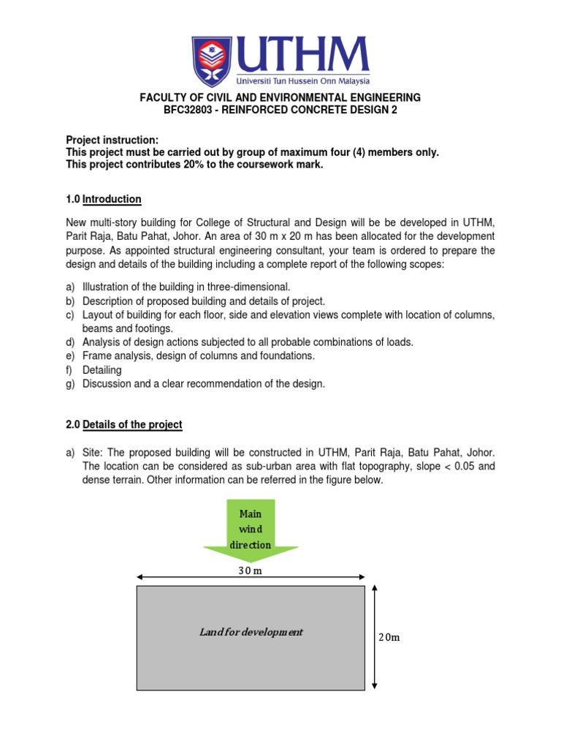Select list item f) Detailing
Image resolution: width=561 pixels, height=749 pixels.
102,370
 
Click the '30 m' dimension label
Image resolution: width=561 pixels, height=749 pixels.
251,571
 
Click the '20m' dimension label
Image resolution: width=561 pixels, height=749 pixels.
389,637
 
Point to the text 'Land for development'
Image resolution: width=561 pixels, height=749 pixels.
251,632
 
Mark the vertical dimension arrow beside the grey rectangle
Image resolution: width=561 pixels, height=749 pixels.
374,637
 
